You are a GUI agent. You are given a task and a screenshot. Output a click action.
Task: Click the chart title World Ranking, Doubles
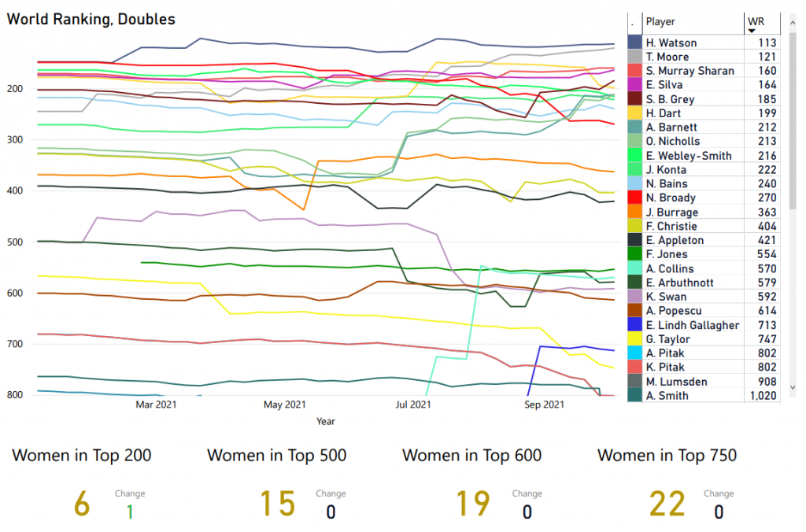click(91, 19)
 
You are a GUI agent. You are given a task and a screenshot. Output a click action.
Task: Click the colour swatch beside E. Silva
click(634, 85)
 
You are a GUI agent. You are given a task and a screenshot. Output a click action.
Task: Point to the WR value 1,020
click(762, 396)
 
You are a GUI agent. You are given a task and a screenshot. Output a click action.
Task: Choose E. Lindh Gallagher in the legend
click(693, 325)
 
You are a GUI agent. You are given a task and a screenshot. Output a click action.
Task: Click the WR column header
click(756, 22)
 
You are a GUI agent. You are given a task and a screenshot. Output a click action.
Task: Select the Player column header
click(660, 22)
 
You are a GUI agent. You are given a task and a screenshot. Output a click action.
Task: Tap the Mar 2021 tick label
click(155, 405)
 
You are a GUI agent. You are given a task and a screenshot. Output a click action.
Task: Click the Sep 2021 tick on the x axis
click(543, 405)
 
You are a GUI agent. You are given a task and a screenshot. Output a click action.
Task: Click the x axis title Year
click(326, 422)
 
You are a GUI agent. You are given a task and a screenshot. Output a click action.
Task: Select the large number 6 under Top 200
click(82, 504)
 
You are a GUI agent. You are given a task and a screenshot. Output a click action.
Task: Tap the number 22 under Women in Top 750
click(667, 504)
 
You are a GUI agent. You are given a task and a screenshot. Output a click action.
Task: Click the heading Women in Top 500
click(276, 456)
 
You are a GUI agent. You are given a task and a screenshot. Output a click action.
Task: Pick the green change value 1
click(130, 512)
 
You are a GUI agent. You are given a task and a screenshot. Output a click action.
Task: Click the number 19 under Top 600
click(472, 504)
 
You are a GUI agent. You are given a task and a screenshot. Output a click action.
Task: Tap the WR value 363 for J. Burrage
click(767, 212)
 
